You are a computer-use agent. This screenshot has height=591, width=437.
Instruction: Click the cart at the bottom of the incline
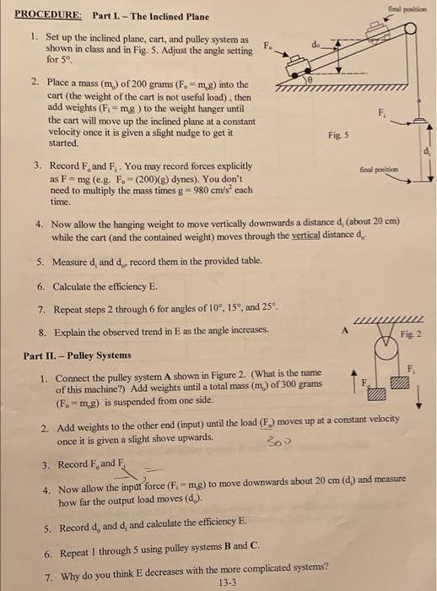coord(290,62)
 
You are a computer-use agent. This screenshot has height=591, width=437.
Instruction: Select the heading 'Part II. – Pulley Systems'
coord(78,355)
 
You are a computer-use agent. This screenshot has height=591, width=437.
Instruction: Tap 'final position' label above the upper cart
coord(413,8)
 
